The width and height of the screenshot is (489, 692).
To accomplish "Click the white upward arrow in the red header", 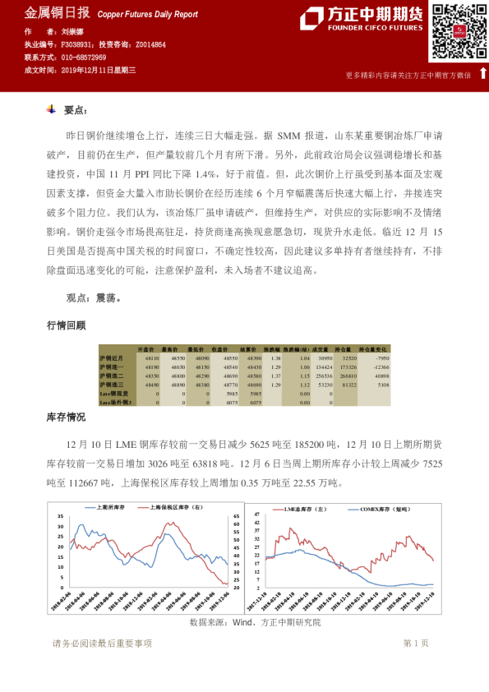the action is (x=482, y=73).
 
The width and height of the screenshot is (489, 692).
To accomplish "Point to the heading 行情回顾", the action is (x=66, y=325).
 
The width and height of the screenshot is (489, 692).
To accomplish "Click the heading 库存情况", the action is (x=66, y=418).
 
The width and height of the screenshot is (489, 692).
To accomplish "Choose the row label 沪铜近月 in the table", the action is (x=111, y=359).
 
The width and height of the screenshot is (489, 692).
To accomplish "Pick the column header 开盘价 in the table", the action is (x=147, y=350).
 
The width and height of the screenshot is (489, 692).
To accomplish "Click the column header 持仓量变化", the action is (x=374, y=350).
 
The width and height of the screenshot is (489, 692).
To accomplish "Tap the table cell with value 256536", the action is (x=322, y=376).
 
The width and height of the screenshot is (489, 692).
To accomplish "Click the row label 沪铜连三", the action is (x=111, y=384).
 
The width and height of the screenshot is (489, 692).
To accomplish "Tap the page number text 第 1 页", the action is (x=416, y=643).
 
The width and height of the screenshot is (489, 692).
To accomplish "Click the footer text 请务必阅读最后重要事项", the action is (x=102, y=643).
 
